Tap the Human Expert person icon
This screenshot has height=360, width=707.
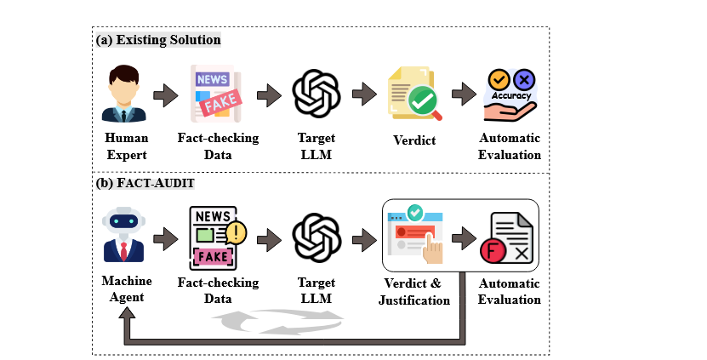pyautogui.click(x=126, y=94)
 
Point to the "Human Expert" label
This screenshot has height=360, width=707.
pyautogui.click(x=126, y=146)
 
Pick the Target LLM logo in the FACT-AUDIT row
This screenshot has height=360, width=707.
pyautogui.click(x=316, y=237)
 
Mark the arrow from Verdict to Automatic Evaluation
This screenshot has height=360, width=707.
pyautogui.click(x=464, y=94)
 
